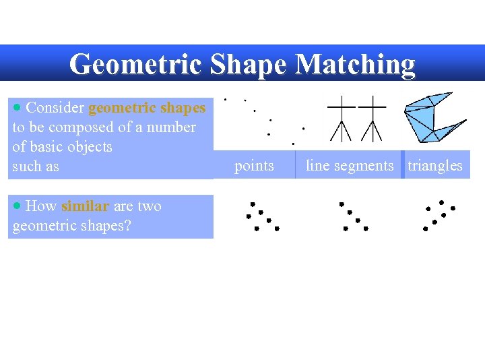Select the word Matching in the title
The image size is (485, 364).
[x=355, y=64]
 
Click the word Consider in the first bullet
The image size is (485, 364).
[x=55, y=108]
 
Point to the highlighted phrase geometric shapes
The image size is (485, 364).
[x=147, y=108]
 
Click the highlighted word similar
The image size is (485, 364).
[x=85, y=206]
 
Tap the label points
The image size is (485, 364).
[x=254, y=166]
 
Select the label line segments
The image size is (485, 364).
[x=350, y=166]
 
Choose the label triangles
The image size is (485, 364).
[x=435, y=166]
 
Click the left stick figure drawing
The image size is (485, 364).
[x=342, y=117]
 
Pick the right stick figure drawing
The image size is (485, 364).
[x=371, y=117]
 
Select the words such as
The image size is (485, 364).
[x=36, y=166]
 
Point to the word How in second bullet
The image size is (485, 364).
[x=42, y=206]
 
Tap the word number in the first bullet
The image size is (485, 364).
[x=172, y=127]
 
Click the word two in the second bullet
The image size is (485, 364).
[x=149, y=206]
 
